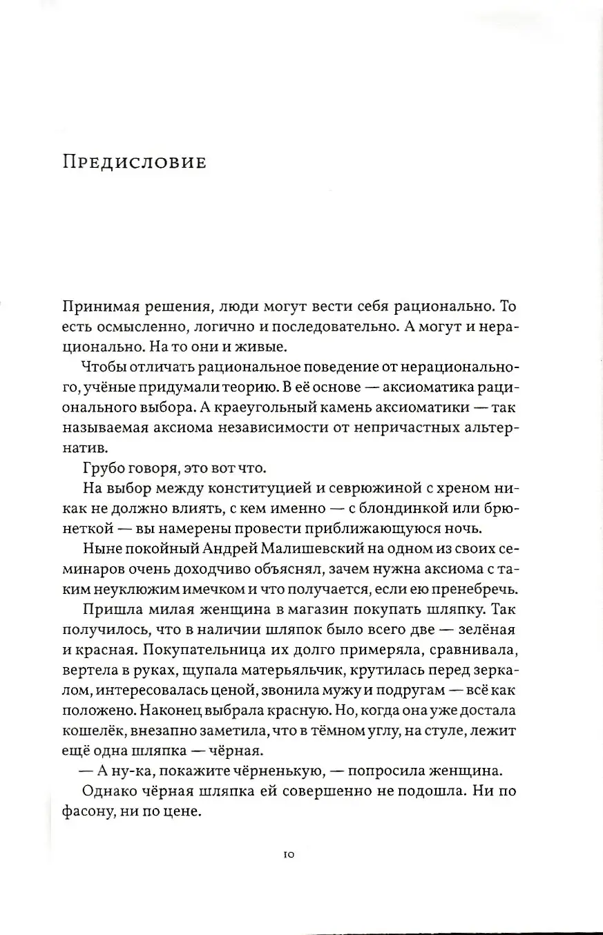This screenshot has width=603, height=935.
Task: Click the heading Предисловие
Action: click(135, 162)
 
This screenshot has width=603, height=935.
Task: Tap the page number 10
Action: click(289, 855)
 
